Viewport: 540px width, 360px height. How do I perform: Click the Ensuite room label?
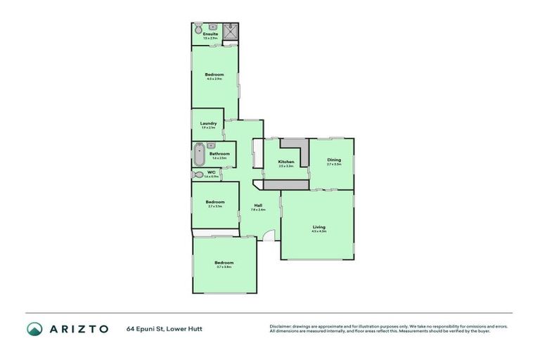(210, 34)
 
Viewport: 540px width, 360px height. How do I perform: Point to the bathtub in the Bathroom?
(199, 154)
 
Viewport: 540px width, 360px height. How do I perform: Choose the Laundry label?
(208, 124)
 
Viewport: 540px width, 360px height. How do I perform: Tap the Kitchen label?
(285, 162)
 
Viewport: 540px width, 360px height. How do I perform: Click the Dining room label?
(334, 160)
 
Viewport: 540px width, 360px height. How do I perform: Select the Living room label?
(319, 226)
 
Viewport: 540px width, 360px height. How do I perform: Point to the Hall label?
(258, 205)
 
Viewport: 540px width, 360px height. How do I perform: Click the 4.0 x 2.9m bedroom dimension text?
(214, 79)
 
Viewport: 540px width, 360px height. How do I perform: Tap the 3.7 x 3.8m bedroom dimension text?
(224, 267)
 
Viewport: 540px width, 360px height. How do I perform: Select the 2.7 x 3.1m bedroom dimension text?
(215, 206)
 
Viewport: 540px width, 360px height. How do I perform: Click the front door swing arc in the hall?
(269, 236)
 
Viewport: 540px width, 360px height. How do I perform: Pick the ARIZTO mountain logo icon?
(34, 329)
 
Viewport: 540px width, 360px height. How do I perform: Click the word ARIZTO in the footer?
(77, 329)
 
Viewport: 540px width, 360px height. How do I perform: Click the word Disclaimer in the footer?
(281, 326)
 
